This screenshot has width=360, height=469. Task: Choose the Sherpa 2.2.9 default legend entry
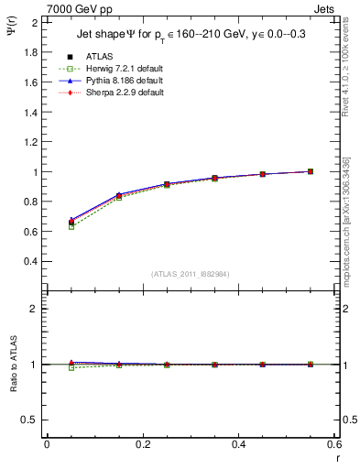[118, 93]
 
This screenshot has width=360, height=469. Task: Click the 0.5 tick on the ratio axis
[33, 420]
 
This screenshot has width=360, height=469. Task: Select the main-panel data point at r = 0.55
[311, 171]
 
